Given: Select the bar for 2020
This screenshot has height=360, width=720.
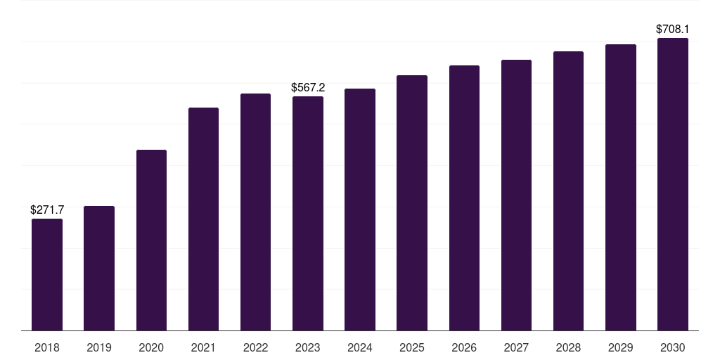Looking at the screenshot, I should [x=151, y=240].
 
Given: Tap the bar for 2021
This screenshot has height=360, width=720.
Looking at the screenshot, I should [x=203, y=219].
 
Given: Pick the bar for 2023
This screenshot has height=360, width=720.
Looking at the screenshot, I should [x=308, y=213].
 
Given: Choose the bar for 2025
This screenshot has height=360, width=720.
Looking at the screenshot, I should [x=412, y=202].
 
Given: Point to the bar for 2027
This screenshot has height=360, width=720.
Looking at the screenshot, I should [x=516, y=195].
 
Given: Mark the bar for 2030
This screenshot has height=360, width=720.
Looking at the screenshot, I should [x=673, y=184].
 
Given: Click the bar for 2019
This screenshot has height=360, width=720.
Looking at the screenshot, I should [x=99, y=268].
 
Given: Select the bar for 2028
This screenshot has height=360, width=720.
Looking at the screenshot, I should [x=568, y=191].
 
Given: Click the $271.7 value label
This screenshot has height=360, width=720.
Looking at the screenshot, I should [x=47, y=210].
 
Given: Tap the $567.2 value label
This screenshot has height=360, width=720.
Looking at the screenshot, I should [x=308, y=87].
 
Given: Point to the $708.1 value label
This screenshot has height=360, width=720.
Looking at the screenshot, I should [x=673, y=29].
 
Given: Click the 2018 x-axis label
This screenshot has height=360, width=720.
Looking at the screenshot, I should [x=47, y=347].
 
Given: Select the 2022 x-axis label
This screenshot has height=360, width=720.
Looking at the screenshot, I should [x=255, y=347].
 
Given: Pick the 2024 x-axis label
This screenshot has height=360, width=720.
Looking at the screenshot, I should [x=360, y=347].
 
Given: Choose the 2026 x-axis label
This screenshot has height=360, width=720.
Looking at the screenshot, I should [x=464, y=347].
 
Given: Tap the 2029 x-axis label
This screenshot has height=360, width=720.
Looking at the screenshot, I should [x=621, y=347].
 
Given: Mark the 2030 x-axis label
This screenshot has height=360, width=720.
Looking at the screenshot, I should [x=673, y=347].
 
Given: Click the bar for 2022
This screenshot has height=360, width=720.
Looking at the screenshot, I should [x=255, y=212].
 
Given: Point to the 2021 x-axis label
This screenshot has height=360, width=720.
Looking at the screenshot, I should [x=203, y=347].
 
